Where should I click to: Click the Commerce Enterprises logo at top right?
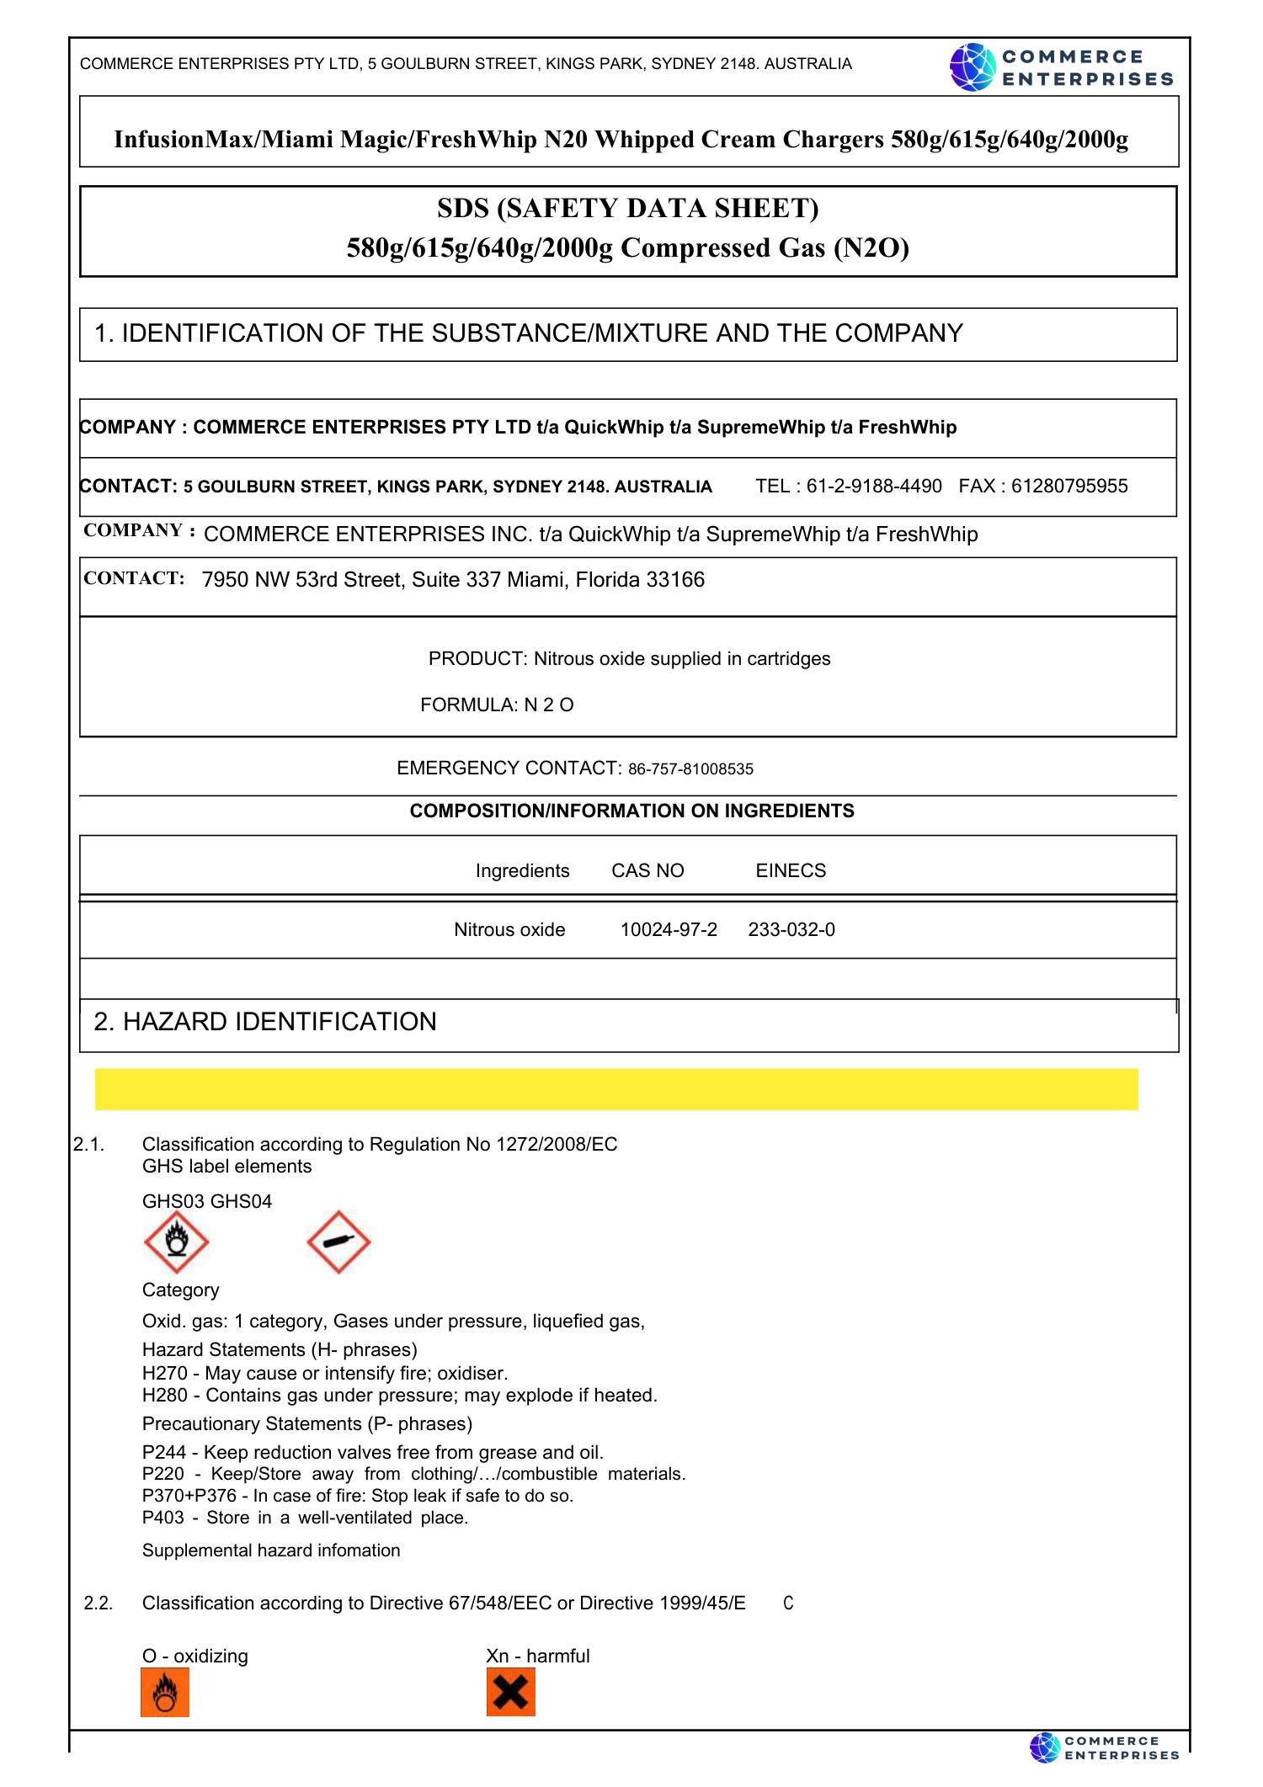(x=1061, y=67)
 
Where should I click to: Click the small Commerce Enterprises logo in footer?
(x=1104, y=1748)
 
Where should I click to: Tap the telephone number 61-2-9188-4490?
(x=873, y=487)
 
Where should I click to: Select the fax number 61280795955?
(x=1068, y=487)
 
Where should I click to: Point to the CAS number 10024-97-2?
(x=669, y=929)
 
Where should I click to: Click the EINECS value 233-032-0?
(x=791, y=929)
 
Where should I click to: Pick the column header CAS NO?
(x=647, y=870)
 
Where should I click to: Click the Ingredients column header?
(x=522, y=870)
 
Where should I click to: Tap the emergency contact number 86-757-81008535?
(x=690, y=769)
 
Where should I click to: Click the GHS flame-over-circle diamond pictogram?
(x=176, y=1242)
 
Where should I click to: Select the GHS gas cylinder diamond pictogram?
(x=338, y=1242)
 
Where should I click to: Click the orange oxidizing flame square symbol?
(x=165, y=1692)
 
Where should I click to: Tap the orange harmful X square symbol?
(x=510, y=1692)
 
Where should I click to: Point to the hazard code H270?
(x=164, y=1374)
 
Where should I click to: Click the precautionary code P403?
(x=163, y=1518)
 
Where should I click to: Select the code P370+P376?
(x=189, y=1496)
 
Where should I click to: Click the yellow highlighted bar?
(x=616, y=1089)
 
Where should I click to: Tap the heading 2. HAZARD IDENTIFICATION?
(x=265, y=1022)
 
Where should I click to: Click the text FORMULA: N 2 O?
(x=497, y=705)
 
